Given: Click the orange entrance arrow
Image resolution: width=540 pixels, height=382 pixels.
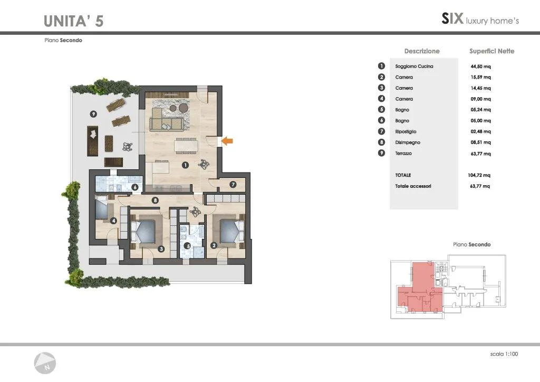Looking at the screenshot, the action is (227, 140).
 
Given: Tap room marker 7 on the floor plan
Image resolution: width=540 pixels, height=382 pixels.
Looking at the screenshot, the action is (233, 185).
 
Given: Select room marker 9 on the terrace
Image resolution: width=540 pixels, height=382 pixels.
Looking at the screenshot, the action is (93, 113).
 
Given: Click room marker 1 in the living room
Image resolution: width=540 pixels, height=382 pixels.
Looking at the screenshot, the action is (185, 165).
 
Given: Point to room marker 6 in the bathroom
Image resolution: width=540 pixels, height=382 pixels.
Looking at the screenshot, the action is (134, 187).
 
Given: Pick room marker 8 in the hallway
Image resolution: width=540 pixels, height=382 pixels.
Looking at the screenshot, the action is (155, 200).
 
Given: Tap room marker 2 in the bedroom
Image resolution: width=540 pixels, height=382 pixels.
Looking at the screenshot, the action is (214, 245).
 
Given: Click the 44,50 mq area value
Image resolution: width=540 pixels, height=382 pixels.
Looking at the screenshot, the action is (480, 66).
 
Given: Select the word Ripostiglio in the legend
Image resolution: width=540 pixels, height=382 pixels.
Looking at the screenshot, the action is (406, 131).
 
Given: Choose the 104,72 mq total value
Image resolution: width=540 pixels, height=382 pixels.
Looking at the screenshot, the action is (479, 175).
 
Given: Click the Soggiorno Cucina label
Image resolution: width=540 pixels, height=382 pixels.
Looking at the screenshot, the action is (414, 66).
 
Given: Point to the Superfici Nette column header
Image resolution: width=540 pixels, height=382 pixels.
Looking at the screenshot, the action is (492, 51).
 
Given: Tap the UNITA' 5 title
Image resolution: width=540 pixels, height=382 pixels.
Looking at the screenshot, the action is (73, 21).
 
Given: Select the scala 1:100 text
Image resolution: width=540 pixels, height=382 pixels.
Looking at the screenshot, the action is (504, 354).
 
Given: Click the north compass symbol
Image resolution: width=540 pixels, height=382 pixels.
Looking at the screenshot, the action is (45, 363).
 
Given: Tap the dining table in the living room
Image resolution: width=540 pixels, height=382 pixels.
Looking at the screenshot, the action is (186, 145).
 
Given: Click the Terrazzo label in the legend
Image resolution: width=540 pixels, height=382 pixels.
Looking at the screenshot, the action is (403, 154).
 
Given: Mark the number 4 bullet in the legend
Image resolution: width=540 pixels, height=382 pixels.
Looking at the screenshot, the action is (381, 99).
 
